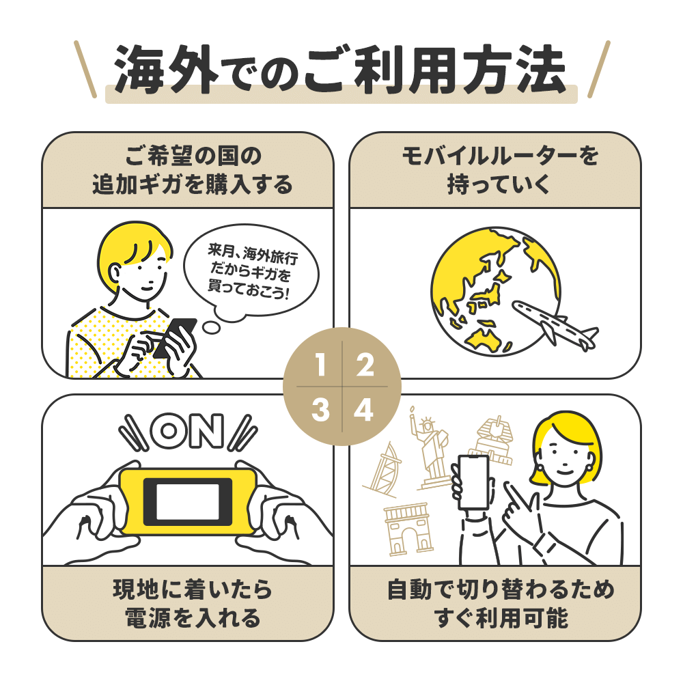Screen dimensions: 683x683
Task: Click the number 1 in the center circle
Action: coord(320,365)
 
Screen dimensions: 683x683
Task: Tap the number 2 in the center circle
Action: coord(365,365)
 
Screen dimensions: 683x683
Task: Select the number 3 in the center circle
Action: coord(320,410)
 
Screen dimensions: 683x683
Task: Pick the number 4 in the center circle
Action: coord(364,410)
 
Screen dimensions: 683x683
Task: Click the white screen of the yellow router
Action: coord(188,501)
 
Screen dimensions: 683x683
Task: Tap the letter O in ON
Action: coord(168,431)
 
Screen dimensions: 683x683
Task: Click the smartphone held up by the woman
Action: coord(474,482)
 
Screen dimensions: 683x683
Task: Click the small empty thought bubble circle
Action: coord(212,328)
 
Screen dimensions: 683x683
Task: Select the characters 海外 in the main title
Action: coord(166,70)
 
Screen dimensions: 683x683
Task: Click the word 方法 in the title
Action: coord(514,70)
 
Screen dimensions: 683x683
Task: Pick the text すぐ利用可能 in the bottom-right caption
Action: coord(501,617)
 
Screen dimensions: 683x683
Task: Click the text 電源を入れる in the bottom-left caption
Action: coord(192,617)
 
